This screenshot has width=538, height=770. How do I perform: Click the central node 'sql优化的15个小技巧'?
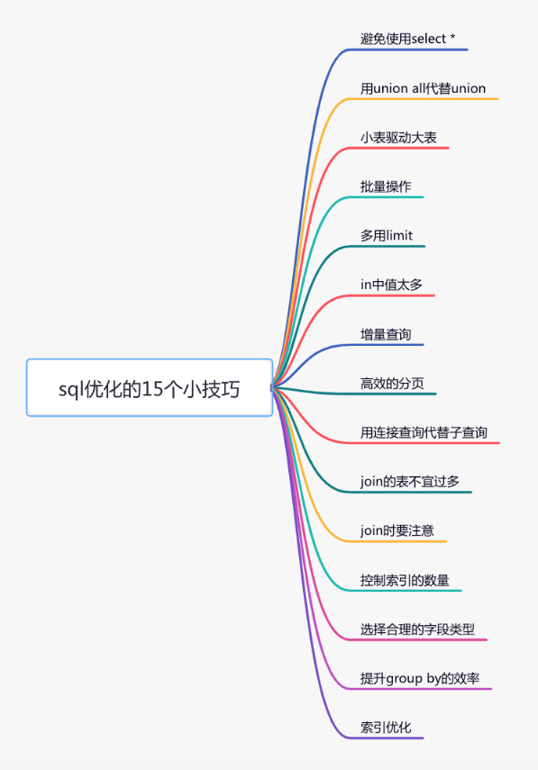coord(150,388)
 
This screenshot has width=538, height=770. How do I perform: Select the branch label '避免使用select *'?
coord(408,39)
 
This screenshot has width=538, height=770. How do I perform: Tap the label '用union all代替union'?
coord(423,88)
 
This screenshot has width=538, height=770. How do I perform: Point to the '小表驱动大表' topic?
coord(398,138)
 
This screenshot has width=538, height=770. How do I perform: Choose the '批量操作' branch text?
coord(386,186)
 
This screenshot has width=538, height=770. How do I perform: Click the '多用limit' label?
coord(387,236)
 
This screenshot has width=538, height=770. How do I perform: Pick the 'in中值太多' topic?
coord(392,285)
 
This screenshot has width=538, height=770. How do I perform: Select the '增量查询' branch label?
coord(386,334)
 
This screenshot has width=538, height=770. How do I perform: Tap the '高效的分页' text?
coord(392,384)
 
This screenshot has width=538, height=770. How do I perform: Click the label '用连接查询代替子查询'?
coord(424,432)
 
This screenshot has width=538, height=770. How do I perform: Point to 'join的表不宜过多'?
coord(410,482)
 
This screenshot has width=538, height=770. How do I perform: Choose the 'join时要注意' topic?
coord(397,530)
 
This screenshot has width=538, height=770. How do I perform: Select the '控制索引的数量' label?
coord(405,581)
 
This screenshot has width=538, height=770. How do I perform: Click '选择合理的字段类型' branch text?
coord(417,630)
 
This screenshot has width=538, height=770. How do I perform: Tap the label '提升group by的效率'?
coord(420,679)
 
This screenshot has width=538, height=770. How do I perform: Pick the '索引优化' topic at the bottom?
coord(386,728)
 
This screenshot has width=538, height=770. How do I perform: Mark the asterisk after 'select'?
coord(452,37)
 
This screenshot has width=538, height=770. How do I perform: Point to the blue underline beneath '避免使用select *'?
coord(408,50)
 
